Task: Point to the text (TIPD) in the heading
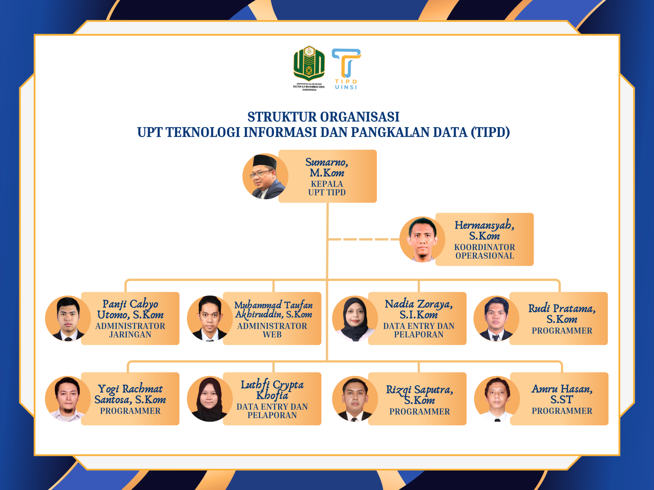pos(490,132)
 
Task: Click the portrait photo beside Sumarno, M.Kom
pos(264,177)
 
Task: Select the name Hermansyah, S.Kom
pos(485,230)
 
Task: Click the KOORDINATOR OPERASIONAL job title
pos(485,251)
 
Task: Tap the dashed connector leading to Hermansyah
pos(364,239)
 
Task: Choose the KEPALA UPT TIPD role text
pos(327,188)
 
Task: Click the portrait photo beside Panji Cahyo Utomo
pos(68,319)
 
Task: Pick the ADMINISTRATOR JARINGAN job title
pos(130,330)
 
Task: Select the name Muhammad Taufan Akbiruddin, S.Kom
pos(273,309)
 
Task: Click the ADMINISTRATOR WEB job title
pos(272,330)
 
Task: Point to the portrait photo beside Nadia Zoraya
pos(355,319)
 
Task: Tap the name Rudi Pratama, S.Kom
pos(562,313)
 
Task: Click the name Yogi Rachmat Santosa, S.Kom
pos(130,394)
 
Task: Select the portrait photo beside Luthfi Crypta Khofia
pos(209,399)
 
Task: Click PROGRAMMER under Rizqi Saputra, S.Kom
pos(419,411)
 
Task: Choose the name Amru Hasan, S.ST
pos(562,394)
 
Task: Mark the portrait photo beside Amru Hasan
pos(496,399)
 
